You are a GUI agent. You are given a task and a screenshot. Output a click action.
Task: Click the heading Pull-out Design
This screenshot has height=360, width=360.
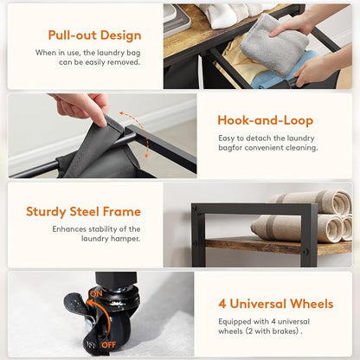pos(94,35)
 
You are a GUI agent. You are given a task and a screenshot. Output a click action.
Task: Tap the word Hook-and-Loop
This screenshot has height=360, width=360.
pos(266,120)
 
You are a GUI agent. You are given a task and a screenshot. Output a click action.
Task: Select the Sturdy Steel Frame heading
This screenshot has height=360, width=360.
pos(83,212)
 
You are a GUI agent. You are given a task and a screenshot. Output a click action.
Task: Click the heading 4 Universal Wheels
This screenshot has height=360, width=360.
pos(276,304)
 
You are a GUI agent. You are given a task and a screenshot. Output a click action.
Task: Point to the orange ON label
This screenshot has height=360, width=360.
pos(96,293)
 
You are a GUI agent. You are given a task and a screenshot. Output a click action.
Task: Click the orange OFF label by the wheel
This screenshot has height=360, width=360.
pos(108,344)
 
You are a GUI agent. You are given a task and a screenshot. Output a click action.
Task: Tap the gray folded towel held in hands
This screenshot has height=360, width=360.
pos(274,45)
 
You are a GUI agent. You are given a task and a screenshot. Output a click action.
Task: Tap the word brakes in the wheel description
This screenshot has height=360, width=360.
pos(285,331)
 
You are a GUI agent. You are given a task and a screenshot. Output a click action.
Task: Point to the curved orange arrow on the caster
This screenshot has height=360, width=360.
pos(100,318)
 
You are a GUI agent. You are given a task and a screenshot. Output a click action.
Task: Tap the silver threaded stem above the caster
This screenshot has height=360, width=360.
pos(116,289)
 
